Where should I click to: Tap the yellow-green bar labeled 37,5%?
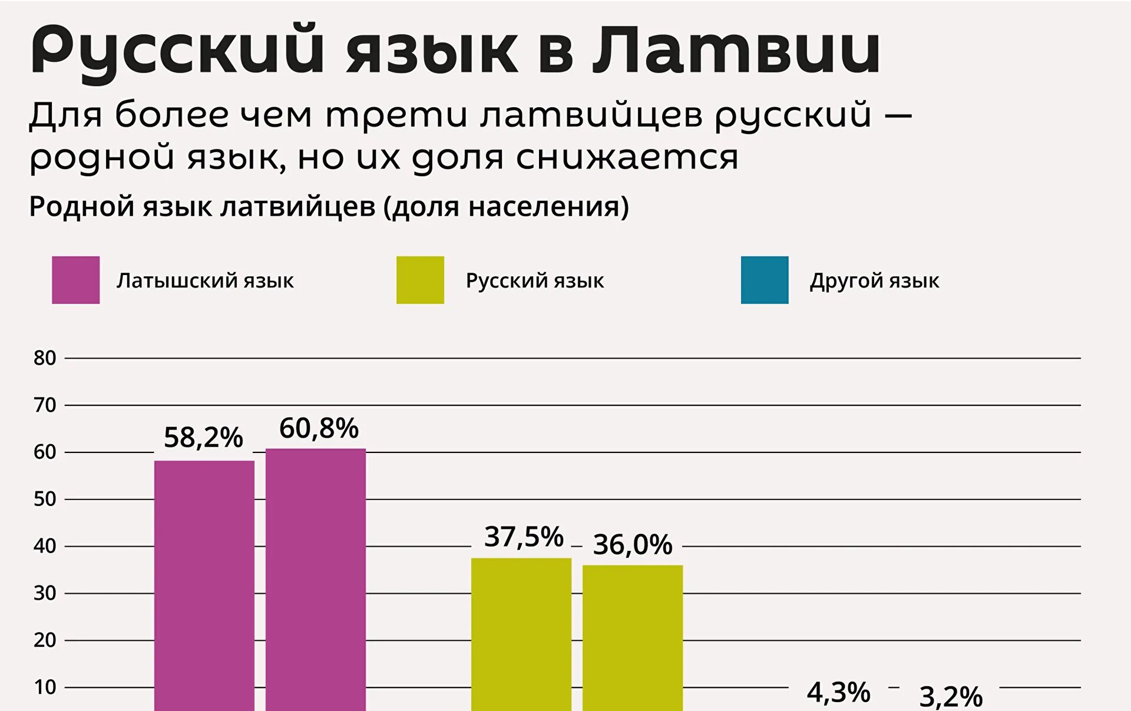tap(521, 634)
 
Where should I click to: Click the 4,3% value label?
tap(838, 692)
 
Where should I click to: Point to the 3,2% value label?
tap(951, 696)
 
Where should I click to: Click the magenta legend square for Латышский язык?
tap(76, 280)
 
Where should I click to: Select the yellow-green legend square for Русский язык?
tap(420, 280)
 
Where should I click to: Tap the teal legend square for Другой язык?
tap(765, 280)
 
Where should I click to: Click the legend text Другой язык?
tap(874, 281)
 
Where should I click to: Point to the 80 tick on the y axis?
tap(45, 358)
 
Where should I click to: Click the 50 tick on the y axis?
tap(45, 499)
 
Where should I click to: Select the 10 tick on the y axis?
tap(45, 687)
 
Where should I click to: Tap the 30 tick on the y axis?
tap(45, 593)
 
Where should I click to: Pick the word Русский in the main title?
tap(177, 52)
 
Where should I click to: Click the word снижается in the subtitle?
tap(627, 158)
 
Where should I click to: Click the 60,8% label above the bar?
tap(319, 428)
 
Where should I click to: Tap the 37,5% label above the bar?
tap(524, 537)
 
